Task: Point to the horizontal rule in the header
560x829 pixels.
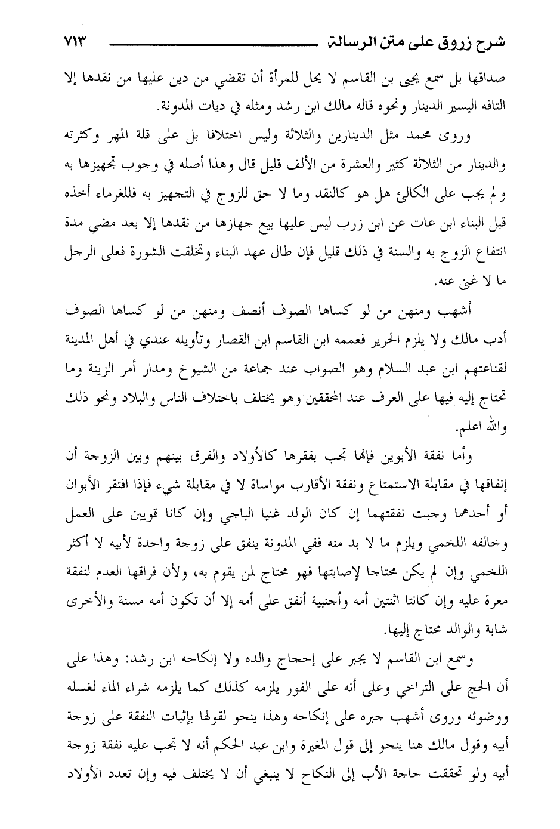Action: point(209,44)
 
